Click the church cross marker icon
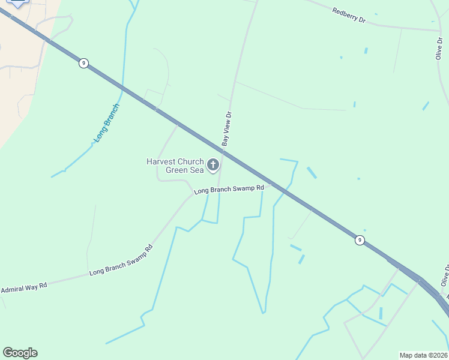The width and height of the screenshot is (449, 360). pos(212,165)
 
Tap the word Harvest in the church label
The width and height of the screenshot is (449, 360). pos(161,161)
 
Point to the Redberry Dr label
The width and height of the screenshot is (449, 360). pos(349,16)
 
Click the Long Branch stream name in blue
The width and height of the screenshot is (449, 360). pos(106,123)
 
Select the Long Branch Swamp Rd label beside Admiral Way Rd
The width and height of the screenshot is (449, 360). pos(121,260)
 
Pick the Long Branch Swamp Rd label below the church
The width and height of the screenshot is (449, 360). pos(229,189)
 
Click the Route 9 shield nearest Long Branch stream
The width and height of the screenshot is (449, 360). pos(83,63)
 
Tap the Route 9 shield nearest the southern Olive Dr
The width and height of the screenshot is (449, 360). pos(359,240)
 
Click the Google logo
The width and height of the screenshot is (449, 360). pos(20,353)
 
